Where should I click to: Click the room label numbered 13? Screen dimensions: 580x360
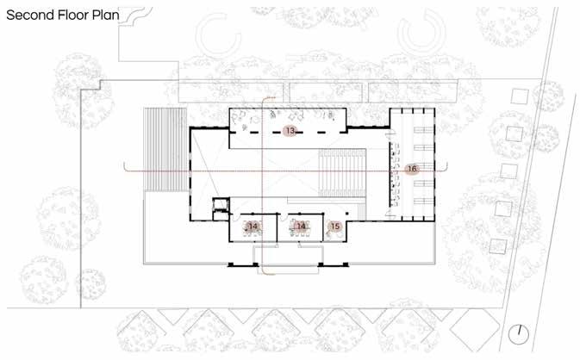pos(290,130)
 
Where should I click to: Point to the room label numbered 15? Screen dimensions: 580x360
pos(335,227)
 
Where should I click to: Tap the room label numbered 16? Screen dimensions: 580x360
pos(412,169)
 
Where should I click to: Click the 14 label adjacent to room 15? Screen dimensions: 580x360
pos(301,227)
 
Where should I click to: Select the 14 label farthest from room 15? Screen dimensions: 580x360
pos(253,227)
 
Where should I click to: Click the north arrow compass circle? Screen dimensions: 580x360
pos(518,334)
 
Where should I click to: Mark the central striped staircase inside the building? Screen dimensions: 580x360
pos(342,172)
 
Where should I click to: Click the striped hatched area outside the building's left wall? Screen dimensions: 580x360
pos(165,149)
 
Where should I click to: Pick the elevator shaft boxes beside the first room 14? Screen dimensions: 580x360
pos(221,209)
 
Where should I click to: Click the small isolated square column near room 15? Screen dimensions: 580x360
pos(346,214)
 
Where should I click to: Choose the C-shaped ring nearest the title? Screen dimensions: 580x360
pos(218,34)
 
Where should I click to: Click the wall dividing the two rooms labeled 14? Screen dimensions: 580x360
pos(277,227)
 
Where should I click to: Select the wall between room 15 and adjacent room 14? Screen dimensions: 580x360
pos(323,227)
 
